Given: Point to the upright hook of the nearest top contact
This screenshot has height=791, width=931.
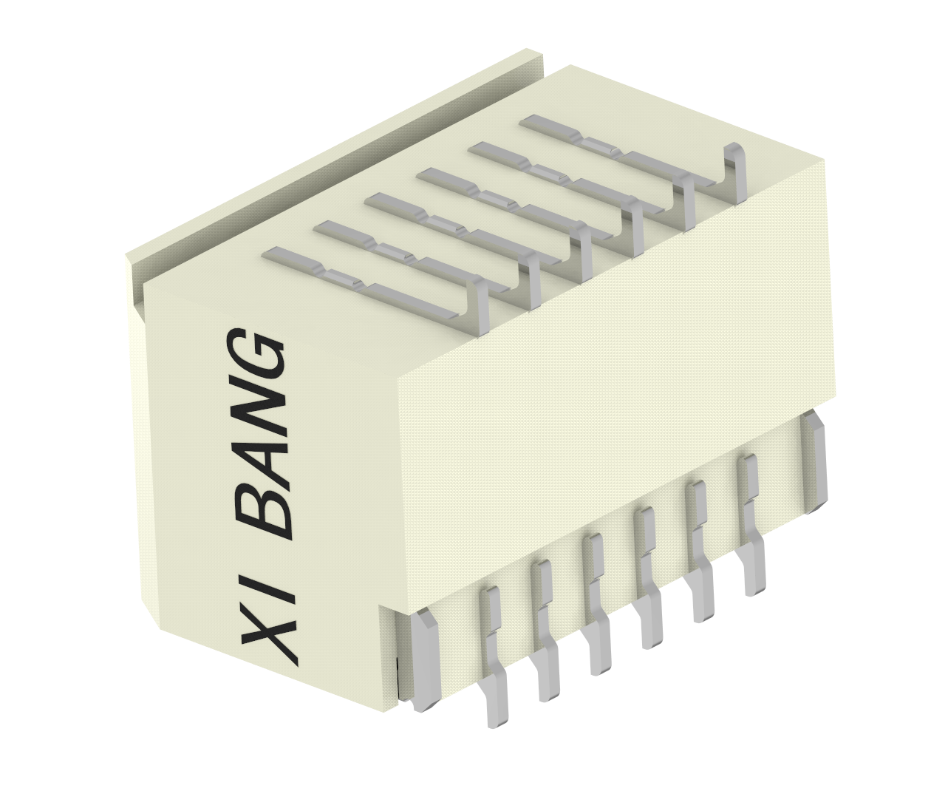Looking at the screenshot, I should [x=480, y=310].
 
